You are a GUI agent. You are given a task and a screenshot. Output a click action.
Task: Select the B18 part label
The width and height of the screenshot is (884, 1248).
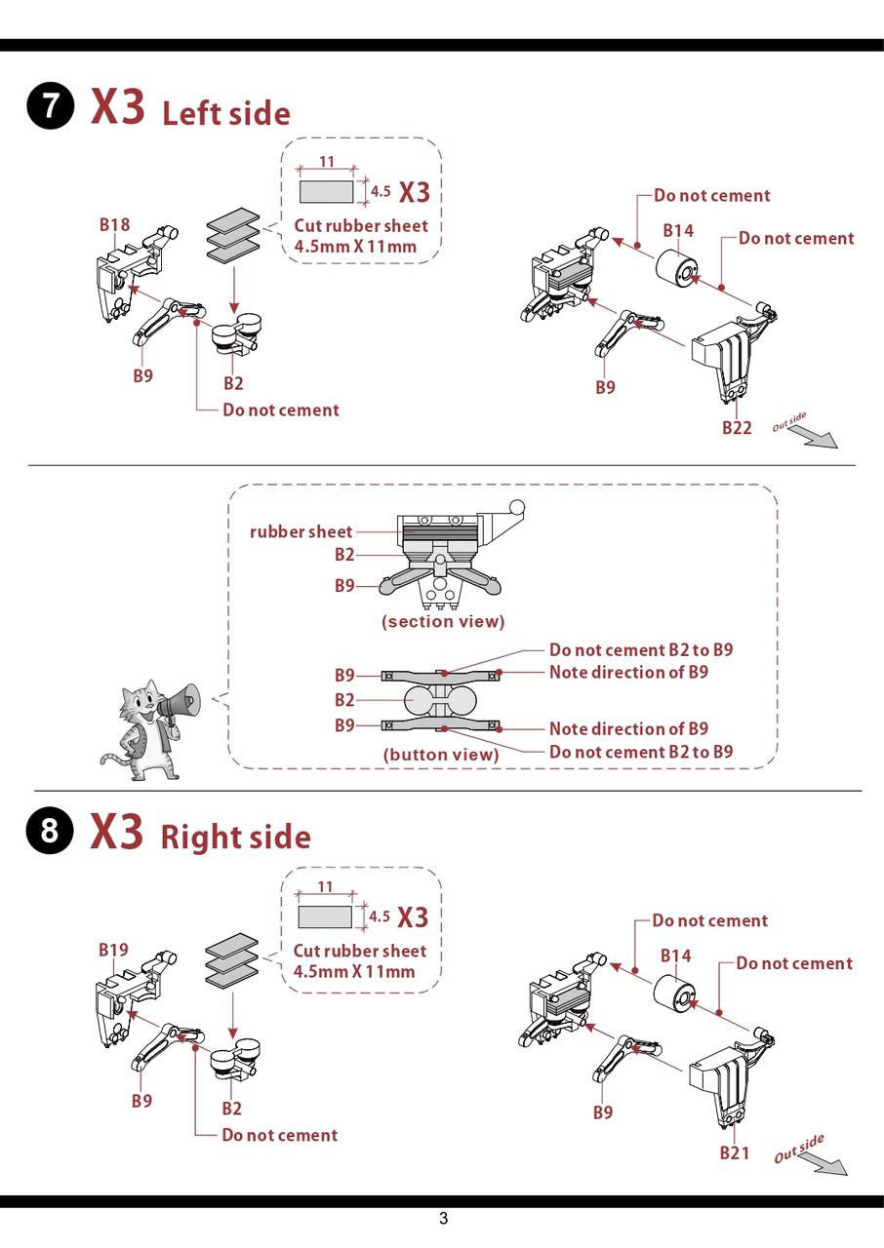[114, 225]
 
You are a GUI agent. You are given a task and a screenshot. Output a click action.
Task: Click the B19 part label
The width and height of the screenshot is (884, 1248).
[113, 950]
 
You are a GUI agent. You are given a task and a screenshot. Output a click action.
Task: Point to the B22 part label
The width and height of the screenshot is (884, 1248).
[737, 427]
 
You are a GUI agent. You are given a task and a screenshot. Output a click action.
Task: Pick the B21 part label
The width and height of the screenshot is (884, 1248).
[735, 1152]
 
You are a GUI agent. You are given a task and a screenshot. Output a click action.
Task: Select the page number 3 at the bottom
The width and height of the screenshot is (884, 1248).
[443, 1218]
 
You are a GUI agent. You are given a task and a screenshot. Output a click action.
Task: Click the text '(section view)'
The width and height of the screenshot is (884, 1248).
[443, 621]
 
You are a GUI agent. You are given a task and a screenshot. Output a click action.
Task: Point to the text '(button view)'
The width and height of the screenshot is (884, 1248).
[441, 754]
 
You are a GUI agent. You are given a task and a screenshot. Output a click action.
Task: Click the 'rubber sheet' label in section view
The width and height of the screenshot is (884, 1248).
[301, 531]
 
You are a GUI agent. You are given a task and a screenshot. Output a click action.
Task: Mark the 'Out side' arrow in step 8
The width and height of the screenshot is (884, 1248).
[825, 1163]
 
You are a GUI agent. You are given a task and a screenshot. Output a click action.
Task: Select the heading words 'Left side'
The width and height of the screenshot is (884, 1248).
[226, 113]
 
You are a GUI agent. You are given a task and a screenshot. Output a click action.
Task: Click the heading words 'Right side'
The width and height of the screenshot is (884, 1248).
[235, 838]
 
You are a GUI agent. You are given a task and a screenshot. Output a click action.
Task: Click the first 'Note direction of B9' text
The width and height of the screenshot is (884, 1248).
[628, 672]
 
